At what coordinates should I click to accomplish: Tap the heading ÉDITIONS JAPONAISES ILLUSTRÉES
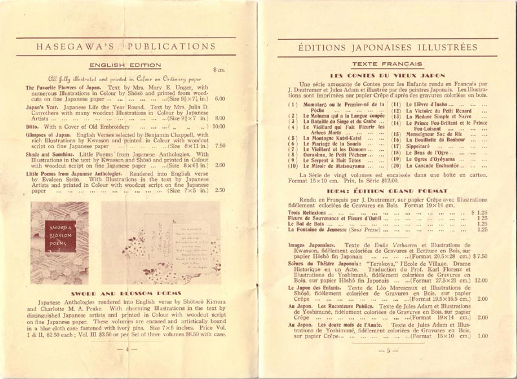tap(387, 47)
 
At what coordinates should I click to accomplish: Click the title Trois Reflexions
tap(307, 212)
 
